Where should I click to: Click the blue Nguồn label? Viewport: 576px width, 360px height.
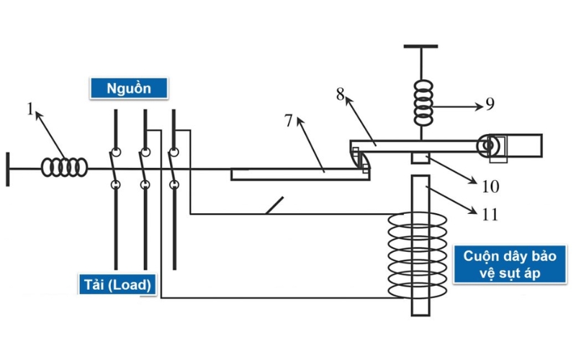click(x=129, y=89)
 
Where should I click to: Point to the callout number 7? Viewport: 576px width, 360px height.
click(x=289, y=120)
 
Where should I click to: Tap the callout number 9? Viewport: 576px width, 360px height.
click(x=490, y=104)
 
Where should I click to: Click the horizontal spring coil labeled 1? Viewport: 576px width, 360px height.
click(x=65, y=167)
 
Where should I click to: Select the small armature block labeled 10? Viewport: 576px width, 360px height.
click(x=420, y=158)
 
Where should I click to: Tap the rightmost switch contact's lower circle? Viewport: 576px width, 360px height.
click(x=174, y=185)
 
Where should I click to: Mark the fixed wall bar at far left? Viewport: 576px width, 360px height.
click(x=8, y=168)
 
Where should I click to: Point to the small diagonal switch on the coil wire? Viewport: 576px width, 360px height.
click(x=274, y=206)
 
